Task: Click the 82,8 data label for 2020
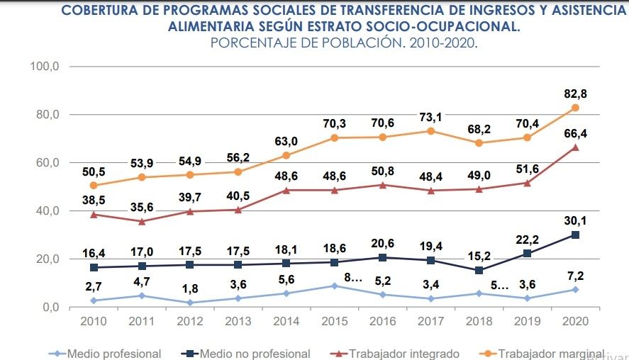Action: [x=575, y=94]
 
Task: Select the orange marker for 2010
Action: [x=94, y=186]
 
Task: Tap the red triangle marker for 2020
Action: [x=575, y=147]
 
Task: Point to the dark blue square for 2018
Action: [x=479, y=271]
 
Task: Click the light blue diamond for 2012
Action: [x=190, y=303]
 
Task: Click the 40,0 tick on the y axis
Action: [x=48, y=210]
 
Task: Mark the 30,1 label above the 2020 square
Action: [x=575, y=221]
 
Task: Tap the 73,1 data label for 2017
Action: [x=430, y=118]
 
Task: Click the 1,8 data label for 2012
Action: [x=190, y=289]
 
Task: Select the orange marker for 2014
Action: [x=286, y=155]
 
